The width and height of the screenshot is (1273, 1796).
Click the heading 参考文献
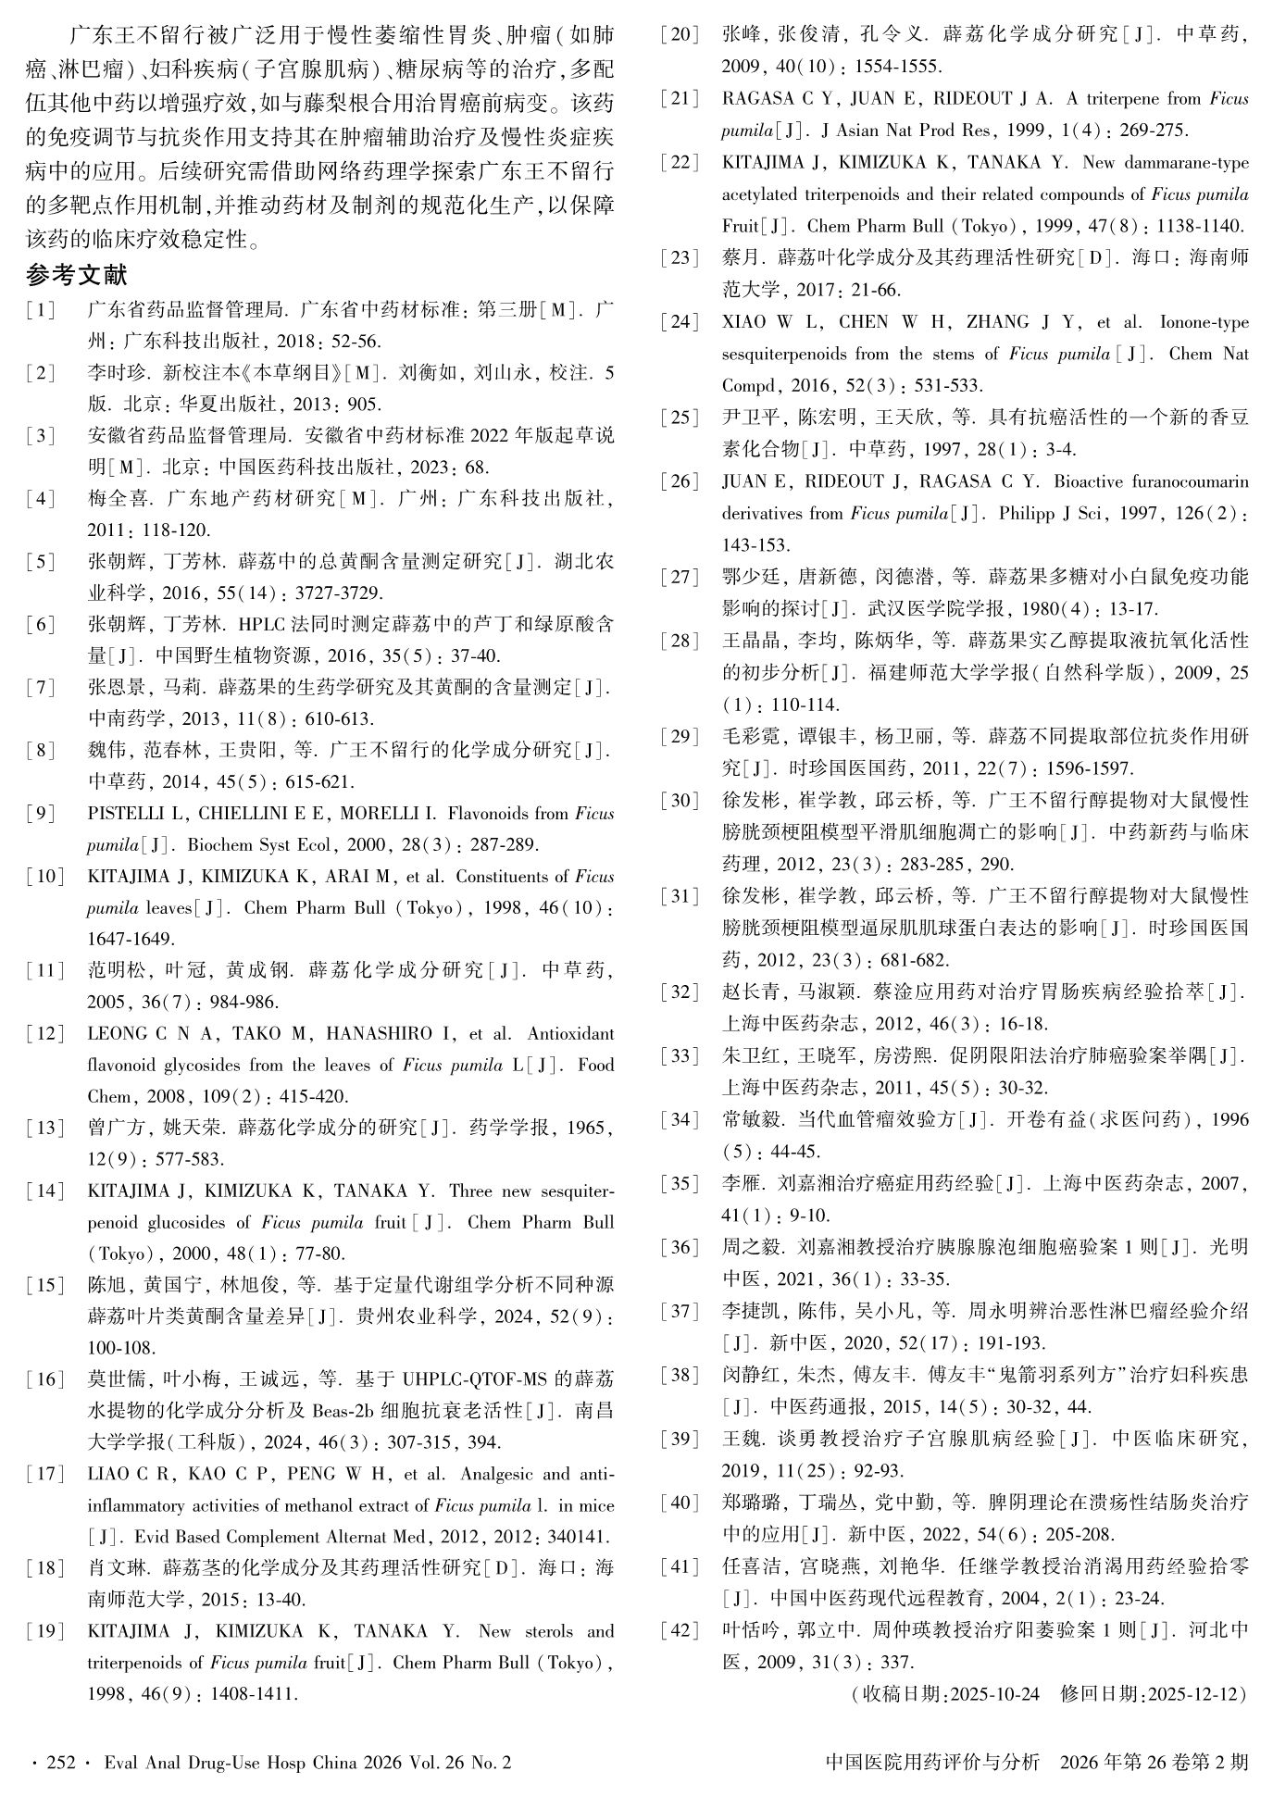[76, 275]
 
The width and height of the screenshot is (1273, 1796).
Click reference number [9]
[42, 814]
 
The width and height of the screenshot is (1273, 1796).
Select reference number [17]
[45, 1473]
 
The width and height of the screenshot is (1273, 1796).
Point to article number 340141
[577, 1536]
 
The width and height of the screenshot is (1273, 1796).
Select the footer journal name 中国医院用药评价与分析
[932, 1762]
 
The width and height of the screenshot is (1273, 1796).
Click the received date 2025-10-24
[994, 1693]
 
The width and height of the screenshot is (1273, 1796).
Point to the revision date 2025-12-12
[1192, 1693]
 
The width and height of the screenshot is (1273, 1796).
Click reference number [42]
[680, 1630]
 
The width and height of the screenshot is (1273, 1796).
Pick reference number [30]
[680, 800]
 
